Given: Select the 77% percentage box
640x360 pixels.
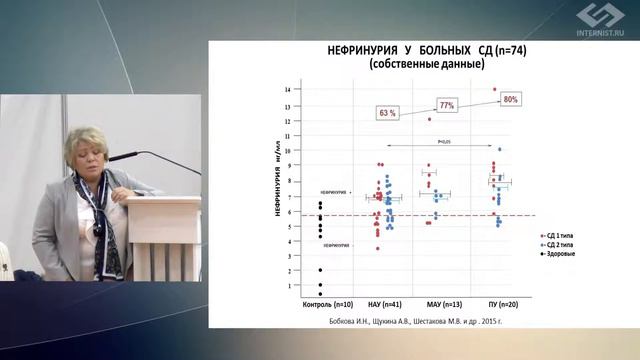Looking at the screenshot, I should [446, 105].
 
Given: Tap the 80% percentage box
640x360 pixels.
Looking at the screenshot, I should [511, 100].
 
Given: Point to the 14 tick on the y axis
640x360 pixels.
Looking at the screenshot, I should [287, 90].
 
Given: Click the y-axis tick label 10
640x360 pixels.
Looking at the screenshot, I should [287, 151].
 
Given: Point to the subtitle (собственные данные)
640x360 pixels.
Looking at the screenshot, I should [426, 64].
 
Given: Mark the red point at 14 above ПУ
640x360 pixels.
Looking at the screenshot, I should [494, 90].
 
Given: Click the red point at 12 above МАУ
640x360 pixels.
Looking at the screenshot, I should [429, 120].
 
